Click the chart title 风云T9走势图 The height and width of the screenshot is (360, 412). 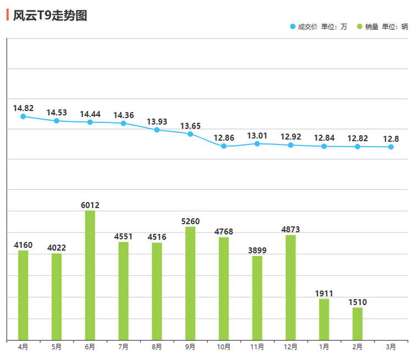(x=50, y=15)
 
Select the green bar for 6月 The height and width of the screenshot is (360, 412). (x=90, y=275)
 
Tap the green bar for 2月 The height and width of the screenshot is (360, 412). (x=358, y=324)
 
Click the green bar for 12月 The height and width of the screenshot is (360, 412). (x=291, y=287)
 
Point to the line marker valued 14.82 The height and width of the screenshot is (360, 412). (x=23, y=117)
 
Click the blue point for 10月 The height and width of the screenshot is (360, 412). (x=224, y=146)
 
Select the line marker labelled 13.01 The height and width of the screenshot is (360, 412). (x=257, y=144)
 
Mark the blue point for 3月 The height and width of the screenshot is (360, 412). (x=391, y=147)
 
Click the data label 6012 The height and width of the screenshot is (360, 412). (x=90, y=205)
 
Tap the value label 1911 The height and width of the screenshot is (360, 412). (x=324, y=293)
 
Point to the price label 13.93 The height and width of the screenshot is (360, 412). (x=157, y=121)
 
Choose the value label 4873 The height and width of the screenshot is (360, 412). (x=291, y=229)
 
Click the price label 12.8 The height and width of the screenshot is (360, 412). (x=391, y=139)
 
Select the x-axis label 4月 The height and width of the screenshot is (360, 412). (x=23, y=347)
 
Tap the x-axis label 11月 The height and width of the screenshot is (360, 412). (x=257, y=347)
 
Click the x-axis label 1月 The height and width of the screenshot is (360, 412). (x=324, y=347)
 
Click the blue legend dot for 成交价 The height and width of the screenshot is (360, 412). (x=292, y=26)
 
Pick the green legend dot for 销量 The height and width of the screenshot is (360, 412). (x=360, y=26)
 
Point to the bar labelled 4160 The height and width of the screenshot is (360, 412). (x=23, y=295)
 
